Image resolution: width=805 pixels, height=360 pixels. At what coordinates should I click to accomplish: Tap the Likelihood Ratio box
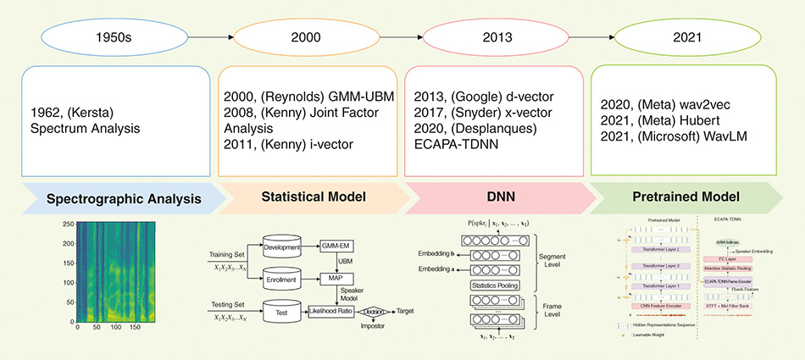[323, 312]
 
